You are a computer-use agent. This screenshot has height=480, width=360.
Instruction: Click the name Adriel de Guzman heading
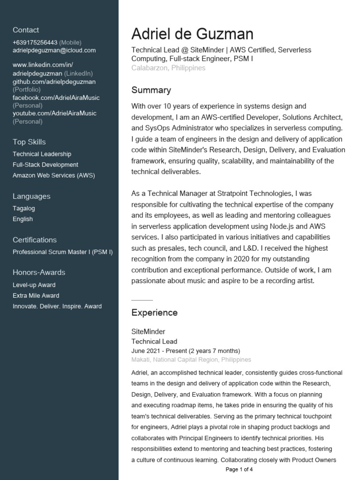point(192,34)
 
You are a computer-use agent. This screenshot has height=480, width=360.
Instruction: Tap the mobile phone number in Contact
point(35,42)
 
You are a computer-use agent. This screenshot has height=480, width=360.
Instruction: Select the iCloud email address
point(54,50)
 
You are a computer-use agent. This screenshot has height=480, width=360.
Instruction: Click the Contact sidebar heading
point(26,30)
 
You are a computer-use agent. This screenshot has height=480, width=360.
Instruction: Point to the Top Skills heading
point(29,142)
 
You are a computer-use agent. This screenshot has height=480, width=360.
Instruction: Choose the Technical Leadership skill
point(42,154)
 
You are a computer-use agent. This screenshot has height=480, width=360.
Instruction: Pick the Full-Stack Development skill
point(45,165)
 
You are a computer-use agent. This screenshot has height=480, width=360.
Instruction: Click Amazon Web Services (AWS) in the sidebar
point(53,175)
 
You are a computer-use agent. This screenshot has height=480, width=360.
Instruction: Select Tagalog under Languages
point(23,209)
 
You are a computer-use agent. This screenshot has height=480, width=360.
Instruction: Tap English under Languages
point(22,219)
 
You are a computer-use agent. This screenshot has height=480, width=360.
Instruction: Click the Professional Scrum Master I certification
point(62,252)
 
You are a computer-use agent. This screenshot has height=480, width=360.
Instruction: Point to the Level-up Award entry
point(34,285)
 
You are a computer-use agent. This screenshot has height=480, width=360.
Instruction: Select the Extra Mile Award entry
point(36,296)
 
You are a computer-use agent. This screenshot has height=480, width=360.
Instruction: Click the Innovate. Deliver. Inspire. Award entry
point(57,307)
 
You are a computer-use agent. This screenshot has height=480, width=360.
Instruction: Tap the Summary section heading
point(151,90)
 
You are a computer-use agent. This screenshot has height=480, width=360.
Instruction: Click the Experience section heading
point(154,313)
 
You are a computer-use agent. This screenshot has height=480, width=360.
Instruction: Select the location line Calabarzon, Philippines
point(168,68)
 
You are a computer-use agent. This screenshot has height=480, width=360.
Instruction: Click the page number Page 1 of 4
point(239,469)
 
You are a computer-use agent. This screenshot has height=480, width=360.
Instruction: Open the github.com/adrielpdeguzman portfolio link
point(54,82)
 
